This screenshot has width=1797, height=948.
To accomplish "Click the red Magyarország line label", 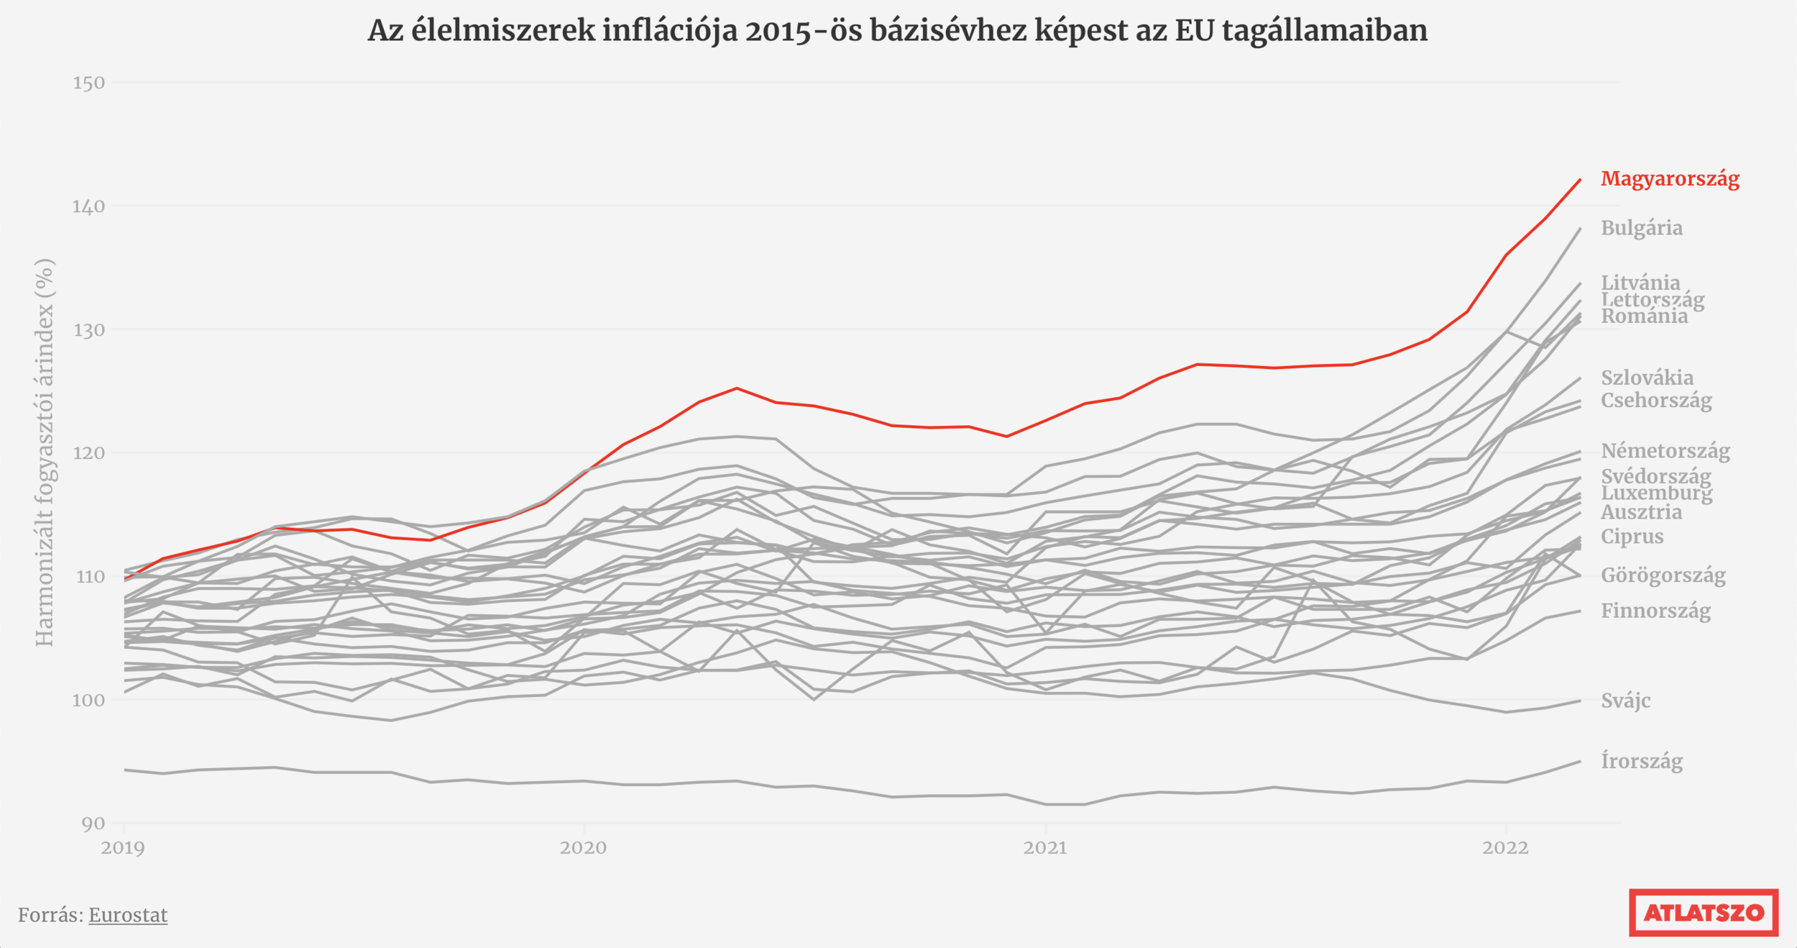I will click(1669, 178).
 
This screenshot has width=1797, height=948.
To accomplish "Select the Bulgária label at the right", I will click(1641, 228).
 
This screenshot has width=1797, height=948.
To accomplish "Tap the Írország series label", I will click(1641, 761).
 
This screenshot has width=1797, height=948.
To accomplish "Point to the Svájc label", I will click(1625, 701).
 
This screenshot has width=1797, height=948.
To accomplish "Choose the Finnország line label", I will click(1655, 611).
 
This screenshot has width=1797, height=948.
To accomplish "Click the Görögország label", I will click(1663, 575).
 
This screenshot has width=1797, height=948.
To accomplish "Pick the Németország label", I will click(1665, 451).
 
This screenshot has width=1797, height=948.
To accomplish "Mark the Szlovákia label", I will click(1647, 378).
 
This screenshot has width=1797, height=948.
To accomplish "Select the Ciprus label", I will click(1632, 537).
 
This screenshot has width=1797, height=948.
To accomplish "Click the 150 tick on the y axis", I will click(88, 83).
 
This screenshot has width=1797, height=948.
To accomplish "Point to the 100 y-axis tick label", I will click(88, 700).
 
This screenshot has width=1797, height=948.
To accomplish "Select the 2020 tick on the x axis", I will click(583, 847).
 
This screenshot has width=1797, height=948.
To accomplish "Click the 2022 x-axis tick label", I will click(1505, 847).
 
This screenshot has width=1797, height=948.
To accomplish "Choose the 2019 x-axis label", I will click(123, 847).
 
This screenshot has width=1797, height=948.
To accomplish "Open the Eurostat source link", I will click(128, 915).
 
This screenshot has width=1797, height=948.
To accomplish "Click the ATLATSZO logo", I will click(1704, 913).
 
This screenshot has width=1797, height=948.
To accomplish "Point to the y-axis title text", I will click(45, 452).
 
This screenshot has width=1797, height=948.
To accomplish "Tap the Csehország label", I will click(1655, 401).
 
